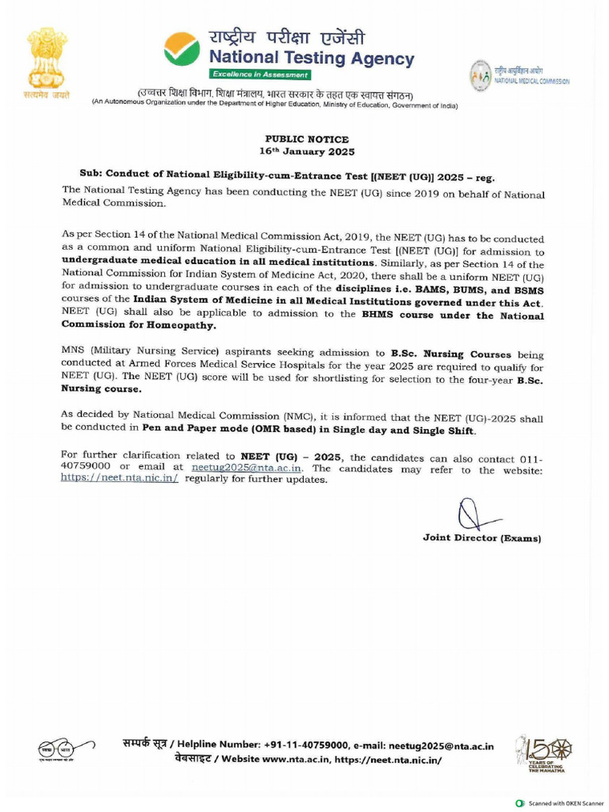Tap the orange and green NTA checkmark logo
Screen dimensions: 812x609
(x=182, y=48)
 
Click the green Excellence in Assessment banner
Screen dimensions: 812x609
(x=259, y=74)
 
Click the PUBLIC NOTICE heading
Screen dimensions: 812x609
(x=307, y=139)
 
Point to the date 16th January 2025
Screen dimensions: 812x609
(x=307, y=151)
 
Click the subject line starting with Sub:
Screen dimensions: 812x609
(x=291, y=176)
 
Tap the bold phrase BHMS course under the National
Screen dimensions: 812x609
(x=453, y=316)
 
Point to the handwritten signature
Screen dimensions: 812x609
(x=471, y=516)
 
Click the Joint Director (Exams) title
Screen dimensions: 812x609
(x=481, y=538)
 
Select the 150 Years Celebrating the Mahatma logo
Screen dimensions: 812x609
(x=543, y=753)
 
